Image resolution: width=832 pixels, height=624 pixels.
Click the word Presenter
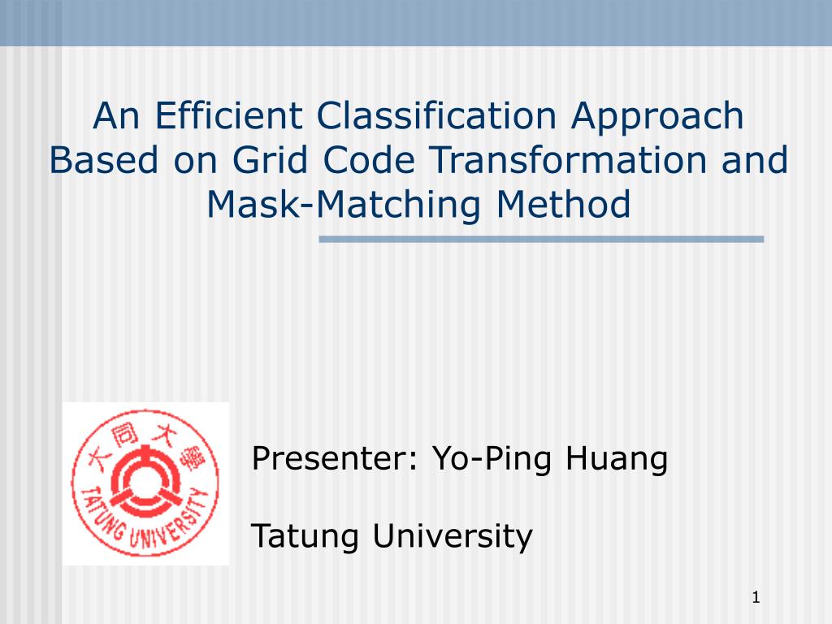point(334,459)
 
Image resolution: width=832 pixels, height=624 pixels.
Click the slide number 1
point(756,599)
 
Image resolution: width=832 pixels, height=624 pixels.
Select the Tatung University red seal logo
point(145,483)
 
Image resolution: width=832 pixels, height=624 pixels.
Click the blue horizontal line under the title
point(541,240)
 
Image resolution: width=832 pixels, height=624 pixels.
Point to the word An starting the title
point(115,115)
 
